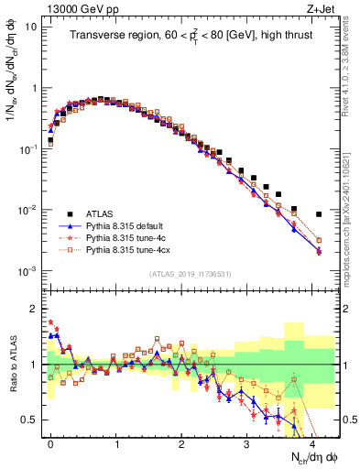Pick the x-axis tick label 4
pyautogui.click(x=313, y=443)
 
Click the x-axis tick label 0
pyautogui.click(x=50, y=443)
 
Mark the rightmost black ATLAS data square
pyautogui.click(x=319, y=214)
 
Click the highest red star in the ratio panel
pyautogui.click(x=50, y=322)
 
